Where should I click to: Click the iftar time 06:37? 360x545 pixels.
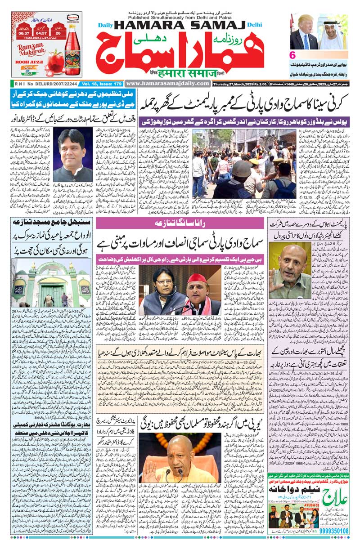click(23, 32)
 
